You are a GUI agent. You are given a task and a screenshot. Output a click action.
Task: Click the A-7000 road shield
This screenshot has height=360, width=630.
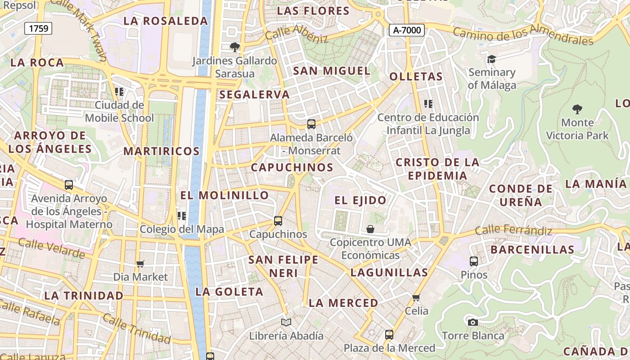pyautogui.click(x=406, y=30)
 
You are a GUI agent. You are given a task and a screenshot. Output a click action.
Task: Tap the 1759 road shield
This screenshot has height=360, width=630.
pyautogui.click(x=38, y=28)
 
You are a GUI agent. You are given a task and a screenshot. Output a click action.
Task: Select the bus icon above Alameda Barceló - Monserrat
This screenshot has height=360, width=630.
pyautogui.click(x=311, y=124)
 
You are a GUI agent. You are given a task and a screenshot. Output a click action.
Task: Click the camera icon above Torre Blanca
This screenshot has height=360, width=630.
pyautogui.click(x=472, y=322)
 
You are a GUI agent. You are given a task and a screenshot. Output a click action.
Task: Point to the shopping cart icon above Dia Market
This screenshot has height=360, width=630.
pyautogui.click(x=140, y=264)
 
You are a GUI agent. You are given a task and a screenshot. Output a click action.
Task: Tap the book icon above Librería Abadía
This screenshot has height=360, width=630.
pyautogui.click(x=286, y=322)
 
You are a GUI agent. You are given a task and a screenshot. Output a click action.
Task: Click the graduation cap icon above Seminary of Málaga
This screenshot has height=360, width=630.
pyautogui.click(x=491, y=59)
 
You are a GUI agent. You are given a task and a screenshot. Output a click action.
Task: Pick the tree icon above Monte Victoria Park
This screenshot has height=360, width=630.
pyautogui.click(x=577, y=109)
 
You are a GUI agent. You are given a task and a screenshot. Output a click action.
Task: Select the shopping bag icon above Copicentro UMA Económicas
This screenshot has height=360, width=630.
pyautogui.click(x=370, y=229)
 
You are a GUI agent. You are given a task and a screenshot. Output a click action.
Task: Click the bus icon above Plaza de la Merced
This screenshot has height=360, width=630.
pyautogui.click(x=389, y=335)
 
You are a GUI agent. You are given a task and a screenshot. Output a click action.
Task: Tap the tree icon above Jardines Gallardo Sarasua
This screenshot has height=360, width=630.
pyautogui.click(x=234, y=47)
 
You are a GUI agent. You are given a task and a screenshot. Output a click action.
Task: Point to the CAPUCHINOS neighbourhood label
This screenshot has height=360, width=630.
pyautogui.click(x=292, y=167)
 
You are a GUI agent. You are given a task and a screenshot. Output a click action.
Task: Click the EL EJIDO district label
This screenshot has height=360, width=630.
pyautogui.click(x=360, y=200)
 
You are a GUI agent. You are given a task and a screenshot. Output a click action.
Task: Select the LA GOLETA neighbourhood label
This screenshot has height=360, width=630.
pyautogui.click(x=229, y=292)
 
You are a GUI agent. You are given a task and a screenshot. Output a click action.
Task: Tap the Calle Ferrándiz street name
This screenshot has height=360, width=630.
pyautogui.click(x=513, y=230)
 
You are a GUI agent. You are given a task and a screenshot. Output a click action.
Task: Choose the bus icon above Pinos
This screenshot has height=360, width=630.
pyautogui.click(x=473, y=261)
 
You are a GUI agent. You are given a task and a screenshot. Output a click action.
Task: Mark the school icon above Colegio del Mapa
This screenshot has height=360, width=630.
pyautogui.click(x=182, y=216)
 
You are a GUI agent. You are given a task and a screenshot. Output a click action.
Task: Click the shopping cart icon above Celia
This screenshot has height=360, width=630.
pyautogui.click(x=416, y=297)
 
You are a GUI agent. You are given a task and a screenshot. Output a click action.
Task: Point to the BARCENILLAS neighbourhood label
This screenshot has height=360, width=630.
pyautogui.click(x=532, y=250)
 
